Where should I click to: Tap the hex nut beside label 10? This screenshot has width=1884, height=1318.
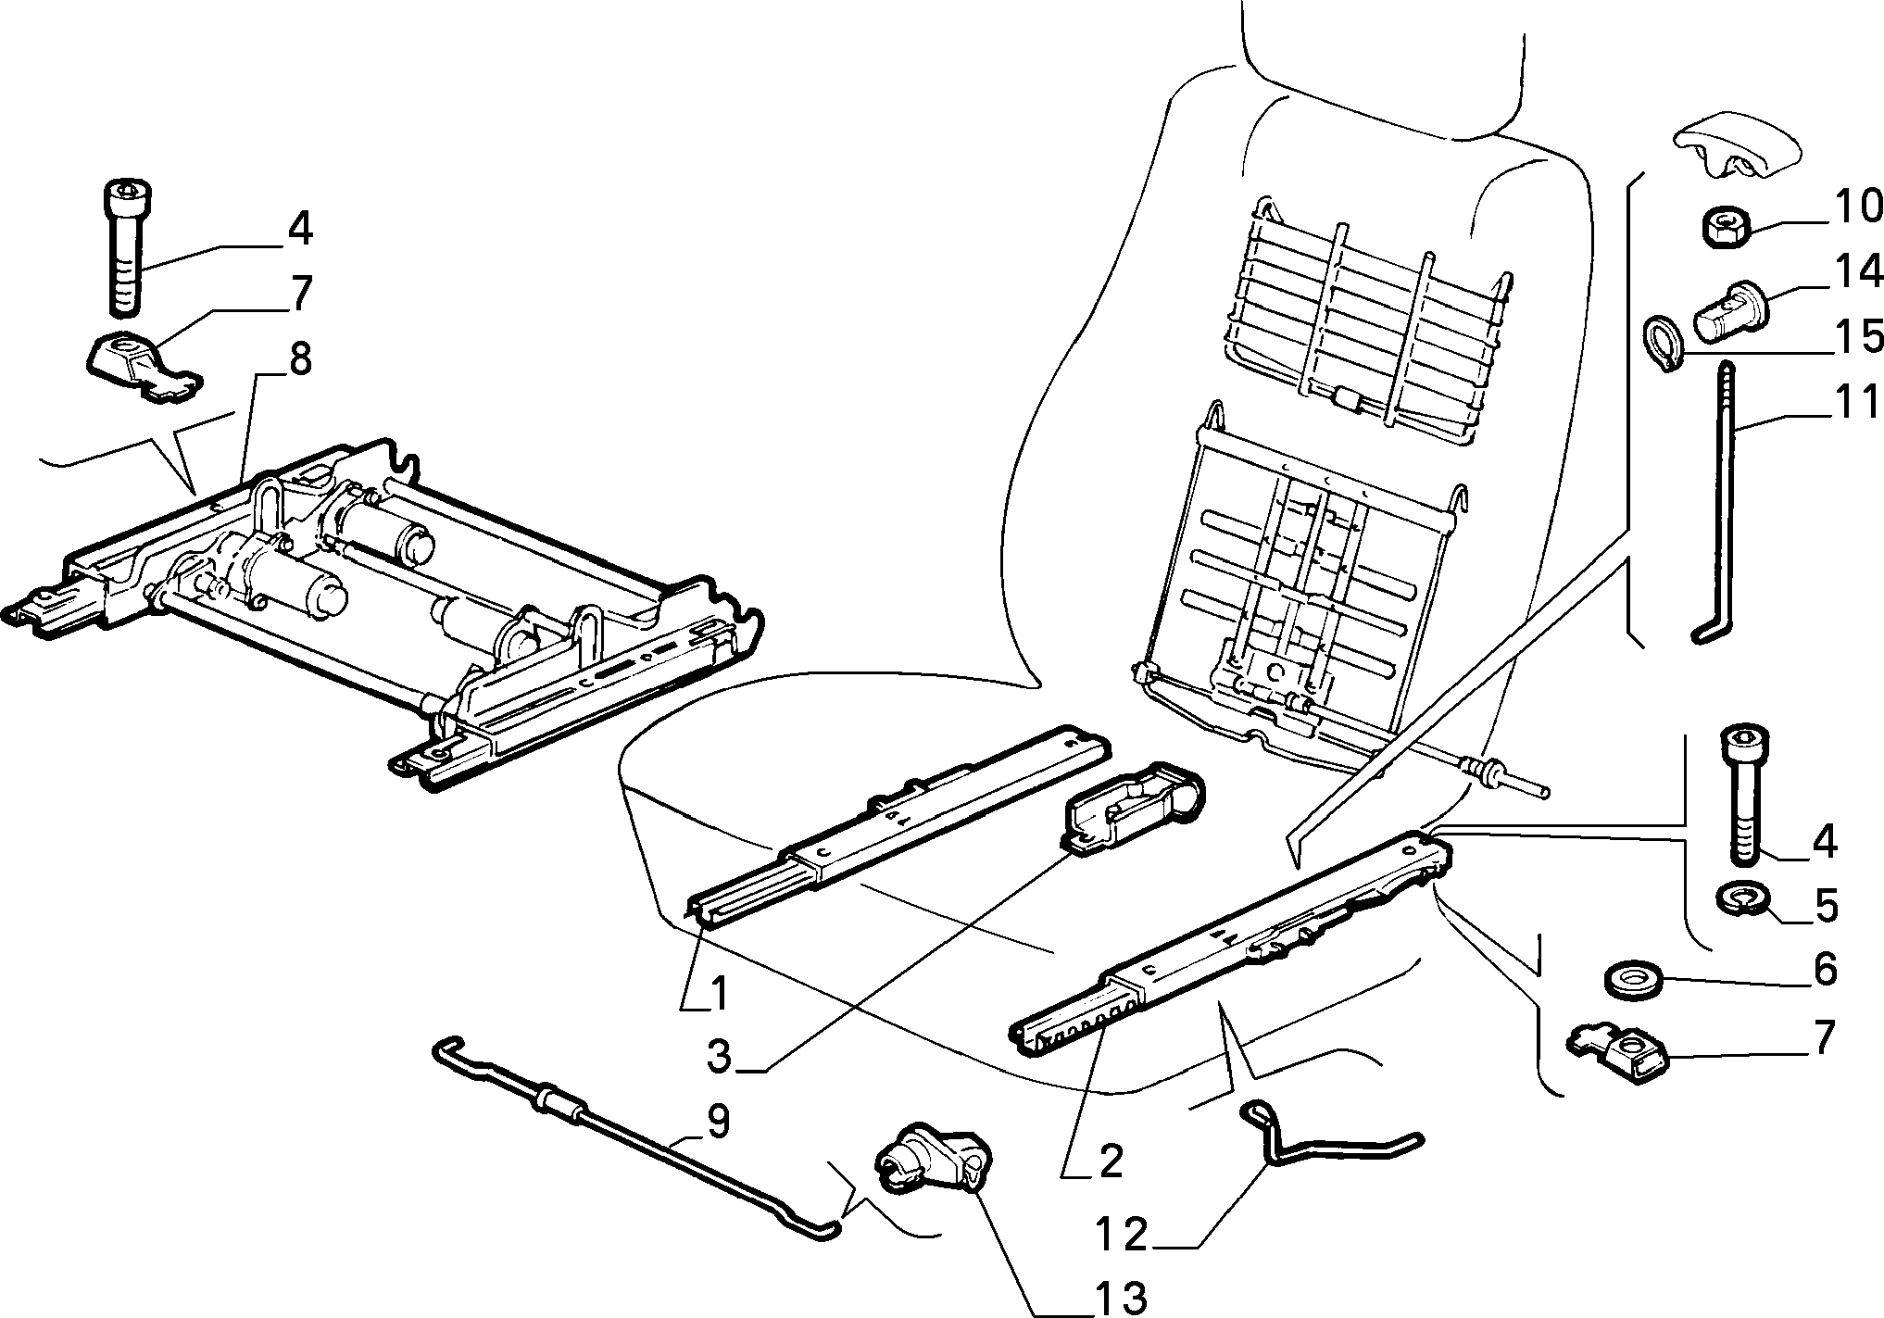tap(1726, 228)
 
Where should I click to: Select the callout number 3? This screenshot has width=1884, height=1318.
tap(720, 1055)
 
